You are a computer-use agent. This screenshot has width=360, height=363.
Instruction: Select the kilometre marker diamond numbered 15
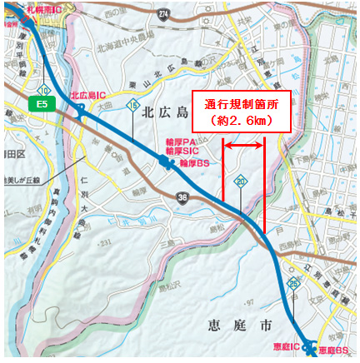pos(132,105)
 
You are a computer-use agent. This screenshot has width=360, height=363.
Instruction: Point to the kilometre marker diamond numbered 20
pos(240,179)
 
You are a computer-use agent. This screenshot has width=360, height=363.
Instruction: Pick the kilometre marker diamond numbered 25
pos(293,285)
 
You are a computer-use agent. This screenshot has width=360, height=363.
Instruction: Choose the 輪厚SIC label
pos(182,152)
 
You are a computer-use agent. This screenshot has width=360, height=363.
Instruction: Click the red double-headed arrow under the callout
pos(243,146)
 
